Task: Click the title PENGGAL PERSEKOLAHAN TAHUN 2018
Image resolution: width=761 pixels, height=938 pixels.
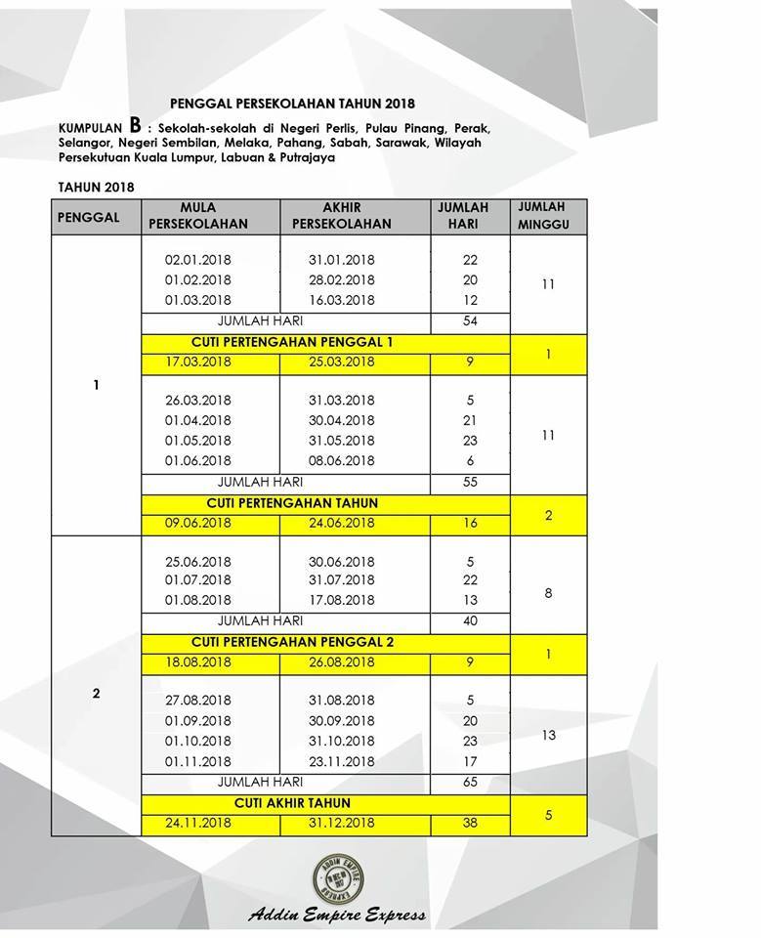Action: click(292, 103)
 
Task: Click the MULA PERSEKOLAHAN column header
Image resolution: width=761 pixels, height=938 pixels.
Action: click(198, 216)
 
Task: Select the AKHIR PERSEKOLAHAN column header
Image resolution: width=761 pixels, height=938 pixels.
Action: click(342, 216)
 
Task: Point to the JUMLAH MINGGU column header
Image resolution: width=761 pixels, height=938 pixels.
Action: click(541, 216)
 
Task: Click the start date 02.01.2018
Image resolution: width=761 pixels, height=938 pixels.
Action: click(198, 260)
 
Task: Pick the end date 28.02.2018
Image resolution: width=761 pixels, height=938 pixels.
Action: click(342, 280)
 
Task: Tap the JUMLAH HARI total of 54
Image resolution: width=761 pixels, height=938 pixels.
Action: click(470, 321)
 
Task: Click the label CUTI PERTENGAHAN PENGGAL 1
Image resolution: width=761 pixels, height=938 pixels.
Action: click(291, 343)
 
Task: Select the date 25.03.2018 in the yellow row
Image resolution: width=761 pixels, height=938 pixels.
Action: click(342, 362)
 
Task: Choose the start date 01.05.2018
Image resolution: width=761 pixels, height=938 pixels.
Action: click(198, 441)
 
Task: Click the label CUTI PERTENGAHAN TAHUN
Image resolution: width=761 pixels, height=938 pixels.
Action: click(291, 503)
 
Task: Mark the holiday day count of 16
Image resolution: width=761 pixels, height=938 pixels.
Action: click(470, 523)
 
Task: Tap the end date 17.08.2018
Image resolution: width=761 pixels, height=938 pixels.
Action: click(342, 600)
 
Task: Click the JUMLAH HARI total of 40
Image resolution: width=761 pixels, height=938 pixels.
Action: click(470, 620)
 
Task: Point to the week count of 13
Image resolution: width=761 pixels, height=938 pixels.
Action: click(548, 735)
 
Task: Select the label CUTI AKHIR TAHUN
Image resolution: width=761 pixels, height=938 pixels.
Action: click(291, 803)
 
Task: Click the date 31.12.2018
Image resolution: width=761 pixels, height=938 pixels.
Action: click(342, 823)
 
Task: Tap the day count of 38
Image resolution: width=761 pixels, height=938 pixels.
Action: click(470, 823)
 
